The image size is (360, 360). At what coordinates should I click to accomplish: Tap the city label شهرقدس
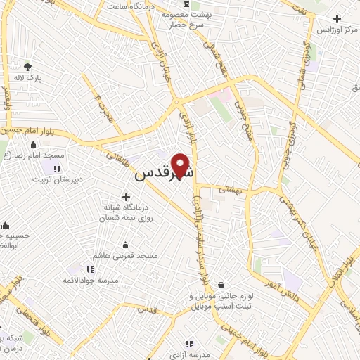coord(163,172)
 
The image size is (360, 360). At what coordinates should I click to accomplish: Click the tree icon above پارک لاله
coord(27,67)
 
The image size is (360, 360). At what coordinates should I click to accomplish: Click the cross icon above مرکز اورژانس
coord(337,19)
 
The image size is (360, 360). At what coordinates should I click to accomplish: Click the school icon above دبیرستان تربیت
coord(56,168)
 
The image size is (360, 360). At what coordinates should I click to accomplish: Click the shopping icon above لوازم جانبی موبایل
coord(222,285)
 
